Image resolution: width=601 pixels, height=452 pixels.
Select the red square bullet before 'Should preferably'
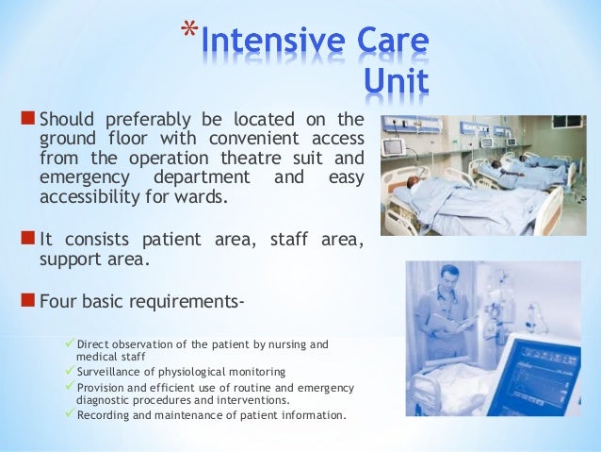tap(26, 120)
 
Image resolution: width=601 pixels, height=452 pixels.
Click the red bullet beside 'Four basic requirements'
tap(26, 303)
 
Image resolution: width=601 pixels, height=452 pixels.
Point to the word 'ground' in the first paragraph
tap(71, 137)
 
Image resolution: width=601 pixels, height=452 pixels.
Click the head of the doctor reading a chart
tap(449, 279)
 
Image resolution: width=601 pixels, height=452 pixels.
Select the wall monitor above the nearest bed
tap(393, 147)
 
